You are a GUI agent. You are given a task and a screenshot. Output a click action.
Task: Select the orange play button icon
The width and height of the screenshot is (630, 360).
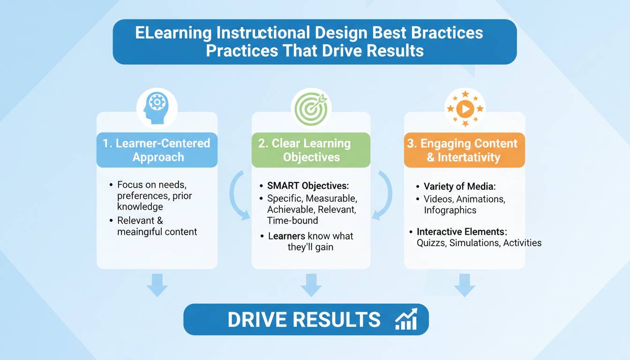[x=465, y=109]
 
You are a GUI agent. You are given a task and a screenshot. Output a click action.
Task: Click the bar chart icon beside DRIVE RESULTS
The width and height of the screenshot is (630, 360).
[x=406, y=319]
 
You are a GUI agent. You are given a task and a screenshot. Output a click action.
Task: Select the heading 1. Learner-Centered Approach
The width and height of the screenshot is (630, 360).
[x=157, y=150]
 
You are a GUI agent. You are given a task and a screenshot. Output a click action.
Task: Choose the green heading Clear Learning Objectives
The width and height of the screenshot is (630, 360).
[x=311, y=150]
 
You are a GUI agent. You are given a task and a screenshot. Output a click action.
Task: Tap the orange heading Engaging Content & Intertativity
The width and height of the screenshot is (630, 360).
[x=465, y=150]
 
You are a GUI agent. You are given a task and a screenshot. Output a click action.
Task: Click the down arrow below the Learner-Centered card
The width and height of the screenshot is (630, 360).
[x=157, y=285]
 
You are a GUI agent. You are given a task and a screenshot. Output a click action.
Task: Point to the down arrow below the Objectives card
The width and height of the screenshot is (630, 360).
[x=311, y=285]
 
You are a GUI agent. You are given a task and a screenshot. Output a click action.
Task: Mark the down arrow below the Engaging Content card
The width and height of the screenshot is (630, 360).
[x=465, y=285]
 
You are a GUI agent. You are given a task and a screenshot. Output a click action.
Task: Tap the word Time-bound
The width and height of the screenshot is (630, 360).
[x=292, y=220]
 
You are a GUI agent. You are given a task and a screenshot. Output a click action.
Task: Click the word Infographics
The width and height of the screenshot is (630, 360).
[x=450, y=210]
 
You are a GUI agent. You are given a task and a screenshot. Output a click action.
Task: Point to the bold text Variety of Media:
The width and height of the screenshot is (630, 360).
[x=459, y=186]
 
